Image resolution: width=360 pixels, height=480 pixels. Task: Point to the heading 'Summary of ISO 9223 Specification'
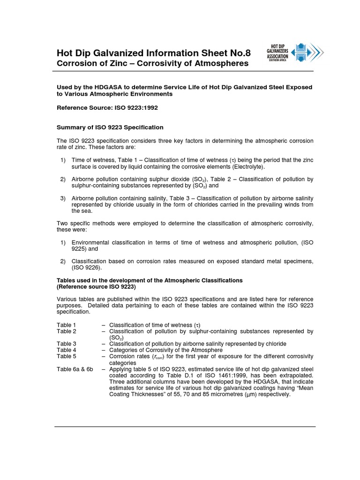point(110,127)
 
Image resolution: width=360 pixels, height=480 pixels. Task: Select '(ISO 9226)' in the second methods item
point(86,268)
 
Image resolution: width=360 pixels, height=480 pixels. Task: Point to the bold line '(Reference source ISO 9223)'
point(96,286)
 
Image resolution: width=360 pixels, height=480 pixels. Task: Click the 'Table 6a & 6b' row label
point(75,369)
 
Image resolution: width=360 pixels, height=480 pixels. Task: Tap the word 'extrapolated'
point(295,375)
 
